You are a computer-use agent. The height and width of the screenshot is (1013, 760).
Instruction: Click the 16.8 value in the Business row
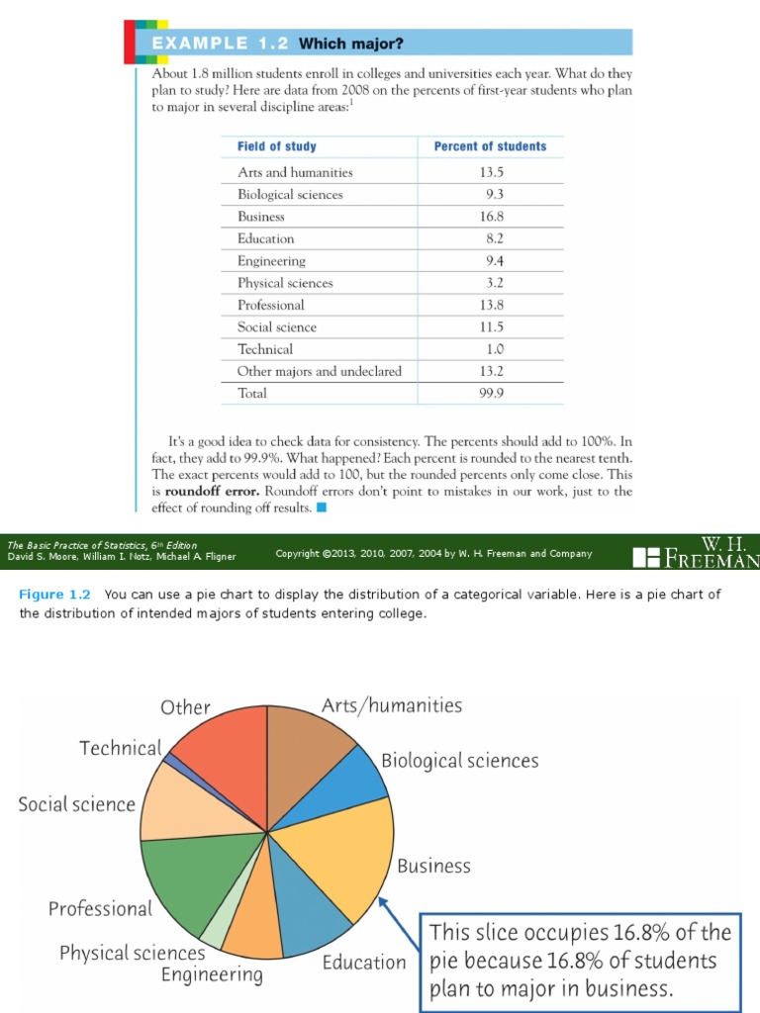(x=490, y=217)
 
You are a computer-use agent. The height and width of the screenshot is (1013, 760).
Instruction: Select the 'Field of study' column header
(x=277, y=146)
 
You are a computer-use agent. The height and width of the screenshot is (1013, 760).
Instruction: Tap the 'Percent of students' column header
(x=490, y=146)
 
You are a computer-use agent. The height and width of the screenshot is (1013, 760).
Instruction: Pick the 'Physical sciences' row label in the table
(x=285, y=283)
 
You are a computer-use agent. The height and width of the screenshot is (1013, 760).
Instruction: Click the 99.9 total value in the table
(x=490, y=394)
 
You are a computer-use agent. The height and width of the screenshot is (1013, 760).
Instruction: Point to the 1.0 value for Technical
(x=490, y=349)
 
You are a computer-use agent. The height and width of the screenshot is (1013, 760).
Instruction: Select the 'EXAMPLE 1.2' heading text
(x=220, y=44)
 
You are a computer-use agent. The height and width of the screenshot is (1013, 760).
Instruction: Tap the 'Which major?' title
(x=351, y=44)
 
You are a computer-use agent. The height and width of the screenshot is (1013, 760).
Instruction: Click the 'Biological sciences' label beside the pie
(x=460, y=761)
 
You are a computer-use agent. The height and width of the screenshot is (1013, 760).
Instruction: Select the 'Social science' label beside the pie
(x=76, y=804)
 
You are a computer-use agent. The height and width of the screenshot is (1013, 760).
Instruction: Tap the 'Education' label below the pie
(x=364, y=962)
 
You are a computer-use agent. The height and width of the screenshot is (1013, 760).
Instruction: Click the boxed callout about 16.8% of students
(x=580, y=961)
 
